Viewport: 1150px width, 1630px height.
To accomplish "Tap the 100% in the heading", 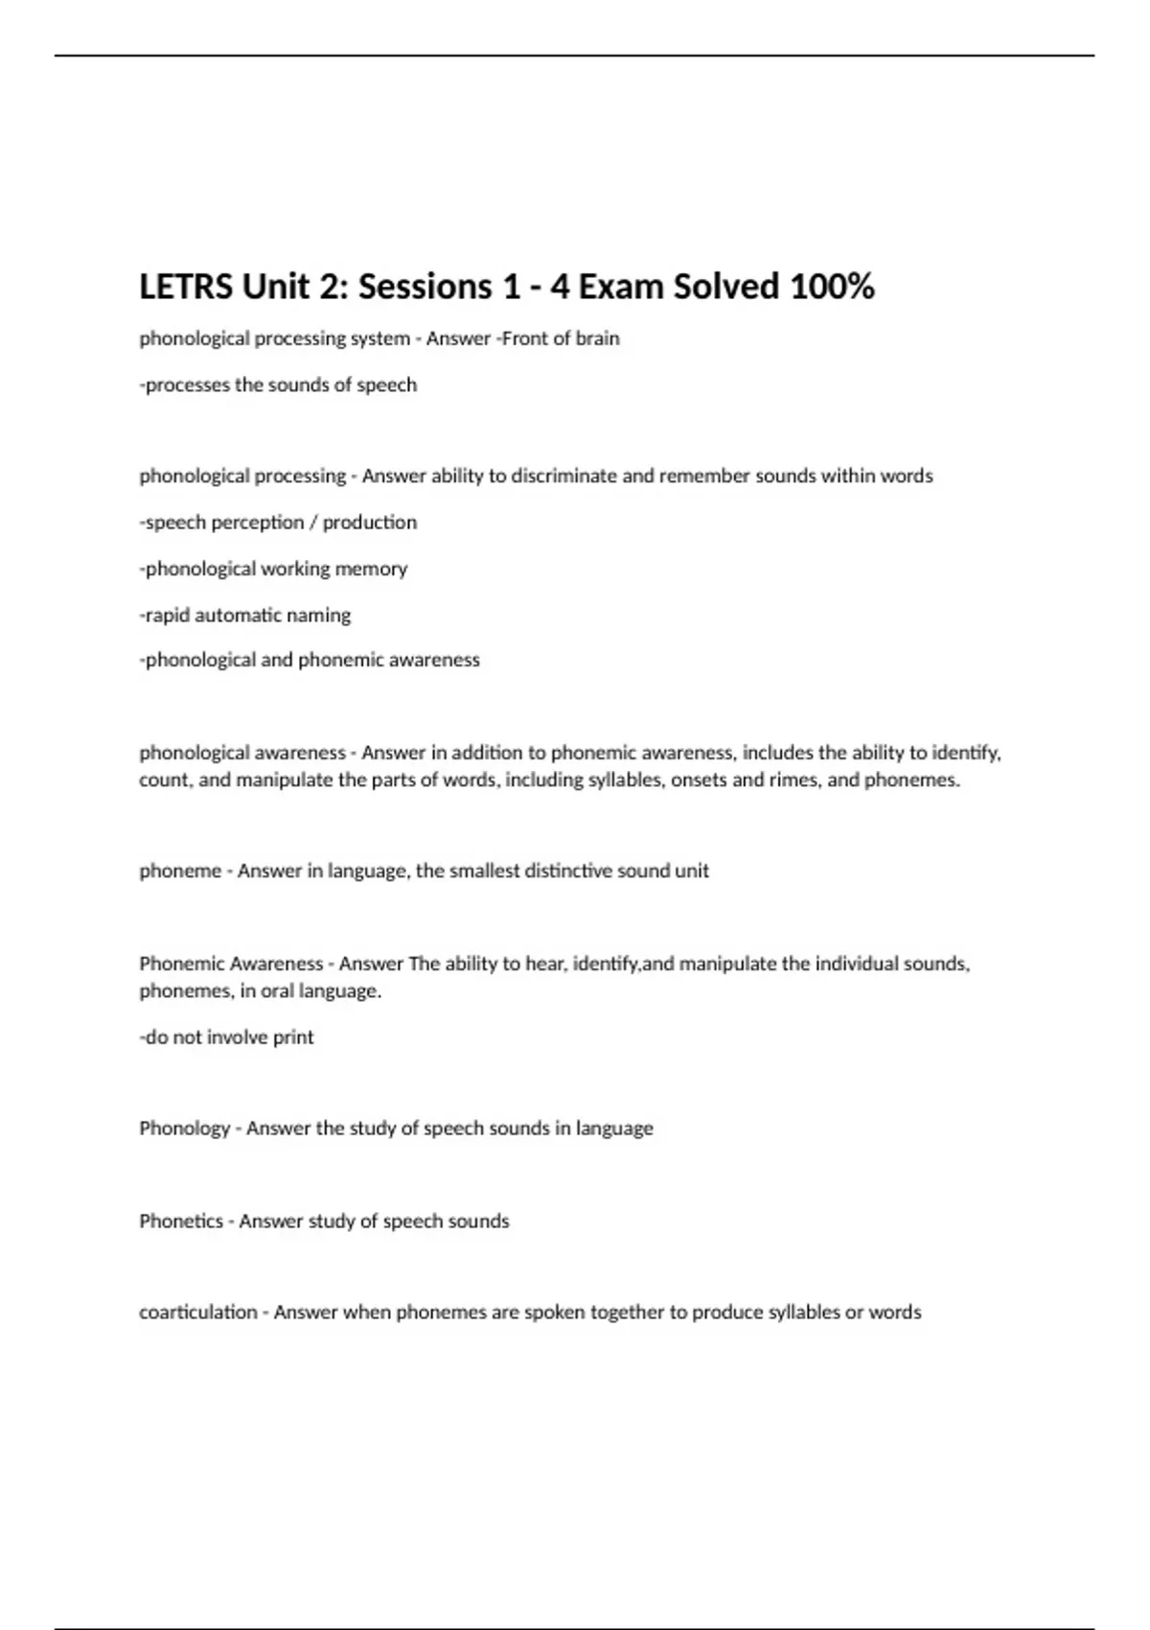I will tap(831, 287).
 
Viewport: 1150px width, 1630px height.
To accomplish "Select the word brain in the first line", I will tap(597, 338).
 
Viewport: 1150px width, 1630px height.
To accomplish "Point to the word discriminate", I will tap(564, 476).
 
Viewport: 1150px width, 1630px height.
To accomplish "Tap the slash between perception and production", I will tap(312, 523).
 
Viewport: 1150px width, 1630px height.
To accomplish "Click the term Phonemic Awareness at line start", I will tap(231, 964).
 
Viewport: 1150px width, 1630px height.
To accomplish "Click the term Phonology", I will tap(184, 1129).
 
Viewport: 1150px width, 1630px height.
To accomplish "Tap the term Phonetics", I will tap(180, 1221).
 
